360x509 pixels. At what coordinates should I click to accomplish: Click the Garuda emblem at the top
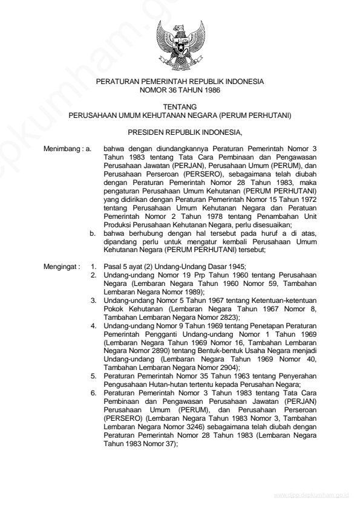(179, 45)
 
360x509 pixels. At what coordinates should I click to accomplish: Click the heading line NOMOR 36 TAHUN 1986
(179, 89)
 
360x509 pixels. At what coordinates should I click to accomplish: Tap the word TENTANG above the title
(179, 106)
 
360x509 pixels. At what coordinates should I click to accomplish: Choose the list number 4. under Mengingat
(93, 325)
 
